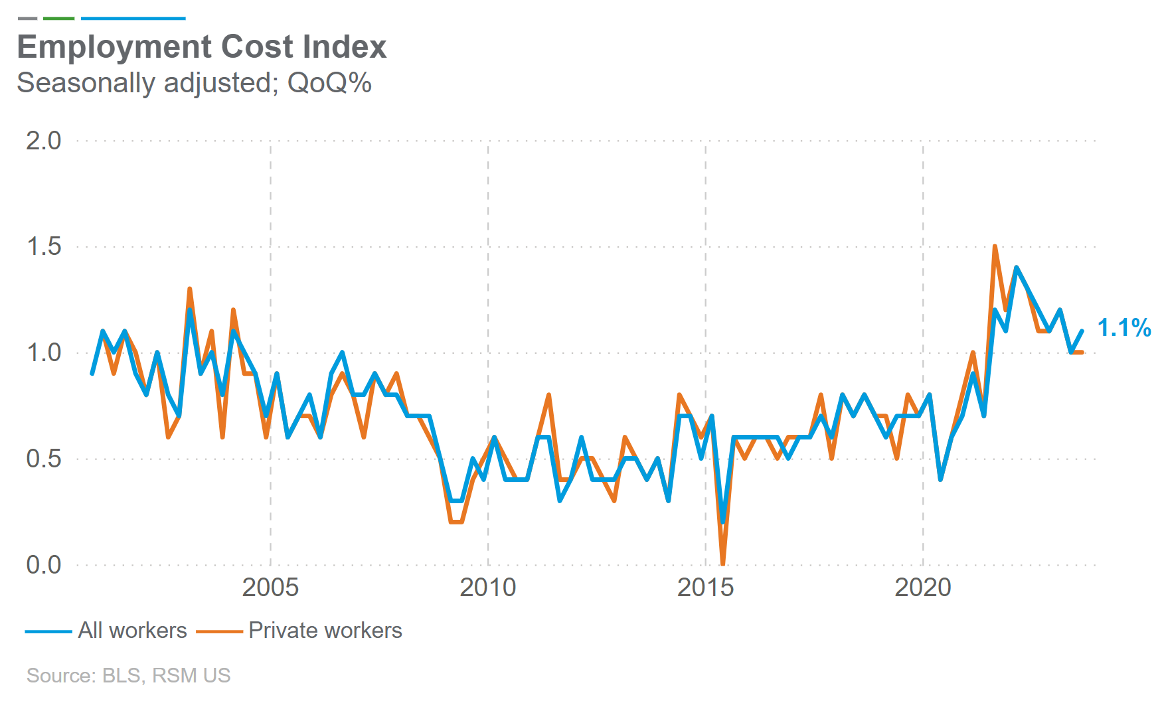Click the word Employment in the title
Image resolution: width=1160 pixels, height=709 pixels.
114,48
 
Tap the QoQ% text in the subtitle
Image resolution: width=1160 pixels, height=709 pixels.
329,83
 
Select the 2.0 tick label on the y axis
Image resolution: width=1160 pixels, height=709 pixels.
43,141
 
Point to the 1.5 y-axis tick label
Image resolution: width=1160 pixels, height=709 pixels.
43,247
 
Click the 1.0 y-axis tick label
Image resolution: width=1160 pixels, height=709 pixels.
43,353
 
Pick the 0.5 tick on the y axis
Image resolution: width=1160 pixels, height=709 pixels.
43,459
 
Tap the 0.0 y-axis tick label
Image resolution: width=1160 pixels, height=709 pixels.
43,565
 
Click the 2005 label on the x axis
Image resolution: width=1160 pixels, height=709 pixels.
270,588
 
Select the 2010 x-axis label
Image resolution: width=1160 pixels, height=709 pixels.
487,588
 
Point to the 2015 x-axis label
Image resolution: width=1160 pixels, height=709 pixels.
705,588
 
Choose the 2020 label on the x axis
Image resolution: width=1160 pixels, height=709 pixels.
922,588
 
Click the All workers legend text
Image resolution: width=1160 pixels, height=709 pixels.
132,630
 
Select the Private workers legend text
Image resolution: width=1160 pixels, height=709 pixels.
325,630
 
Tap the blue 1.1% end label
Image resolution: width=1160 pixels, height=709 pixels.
1123,328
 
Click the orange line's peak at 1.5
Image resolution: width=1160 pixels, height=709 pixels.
995,247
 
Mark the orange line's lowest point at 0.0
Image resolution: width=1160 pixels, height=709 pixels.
722,564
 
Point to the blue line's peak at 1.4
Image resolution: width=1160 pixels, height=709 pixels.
1016,268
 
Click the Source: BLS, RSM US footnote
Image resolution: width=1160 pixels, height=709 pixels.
128,675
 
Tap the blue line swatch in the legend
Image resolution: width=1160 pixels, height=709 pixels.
48,631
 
